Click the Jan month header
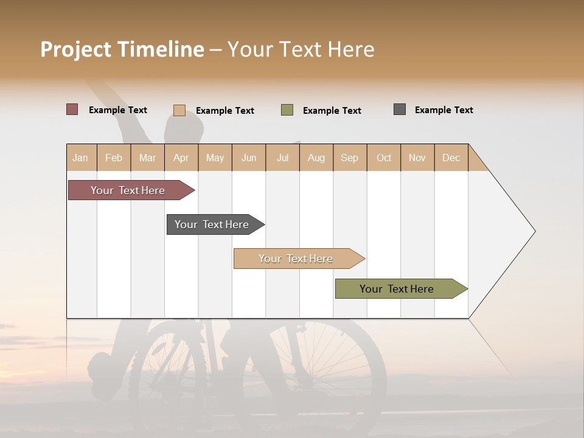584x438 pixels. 81,158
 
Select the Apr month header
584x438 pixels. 181,158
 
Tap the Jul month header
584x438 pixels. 283,158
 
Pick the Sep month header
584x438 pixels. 349,158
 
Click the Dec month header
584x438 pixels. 451,158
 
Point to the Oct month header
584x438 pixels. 384,158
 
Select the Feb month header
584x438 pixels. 114,158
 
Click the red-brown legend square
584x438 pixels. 72,109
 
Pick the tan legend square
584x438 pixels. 179,110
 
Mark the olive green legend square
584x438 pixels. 287,110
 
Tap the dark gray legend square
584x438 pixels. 400,109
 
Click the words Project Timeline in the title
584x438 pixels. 122,49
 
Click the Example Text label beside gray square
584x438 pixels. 443,110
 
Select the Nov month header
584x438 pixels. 417,158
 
